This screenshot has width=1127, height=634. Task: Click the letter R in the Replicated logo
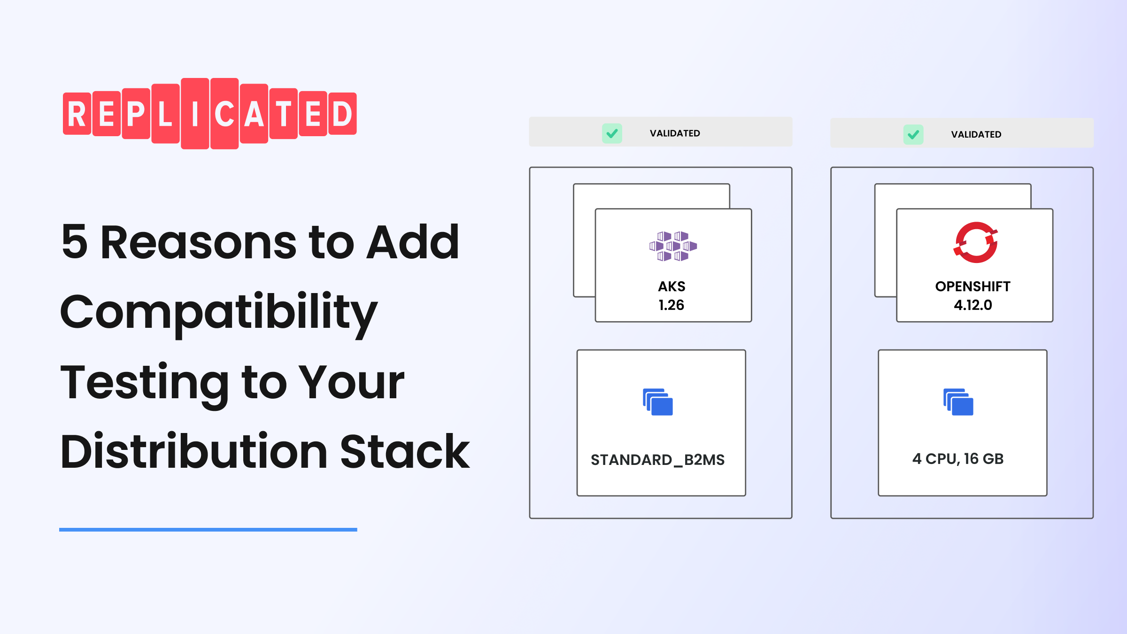tap(77, 114)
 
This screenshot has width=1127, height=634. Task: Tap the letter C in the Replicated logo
tap(224, 114)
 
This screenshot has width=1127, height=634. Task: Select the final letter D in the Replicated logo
tap(342, 114)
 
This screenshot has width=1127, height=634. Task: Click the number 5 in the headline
tap(75, 242)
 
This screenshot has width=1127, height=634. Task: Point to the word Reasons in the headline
tap(199, 242)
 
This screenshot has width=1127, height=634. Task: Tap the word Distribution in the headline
tap(194, 452)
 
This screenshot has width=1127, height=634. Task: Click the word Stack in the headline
tap(405, 452)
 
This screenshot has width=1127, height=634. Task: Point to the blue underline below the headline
tap(208, 530)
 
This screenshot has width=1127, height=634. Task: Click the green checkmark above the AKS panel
tap(612, 133)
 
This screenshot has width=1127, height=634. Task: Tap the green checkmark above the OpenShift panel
tap(913, 135)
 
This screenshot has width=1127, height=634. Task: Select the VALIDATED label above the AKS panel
tap(675, 133)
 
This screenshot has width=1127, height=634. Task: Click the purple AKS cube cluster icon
tap(673, 246)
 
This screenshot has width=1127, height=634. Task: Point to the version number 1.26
tap(672, 305)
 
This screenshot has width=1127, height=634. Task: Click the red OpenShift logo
tap(975, 242)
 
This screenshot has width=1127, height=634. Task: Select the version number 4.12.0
tap(973, 305)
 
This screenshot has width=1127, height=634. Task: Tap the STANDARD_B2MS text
tap(657, 460)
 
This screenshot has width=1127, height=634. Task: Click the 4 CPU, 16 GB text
tap(958, 459)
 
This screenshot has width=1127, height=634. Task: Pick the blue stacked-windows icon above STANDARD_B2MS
tap(658, 402)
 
